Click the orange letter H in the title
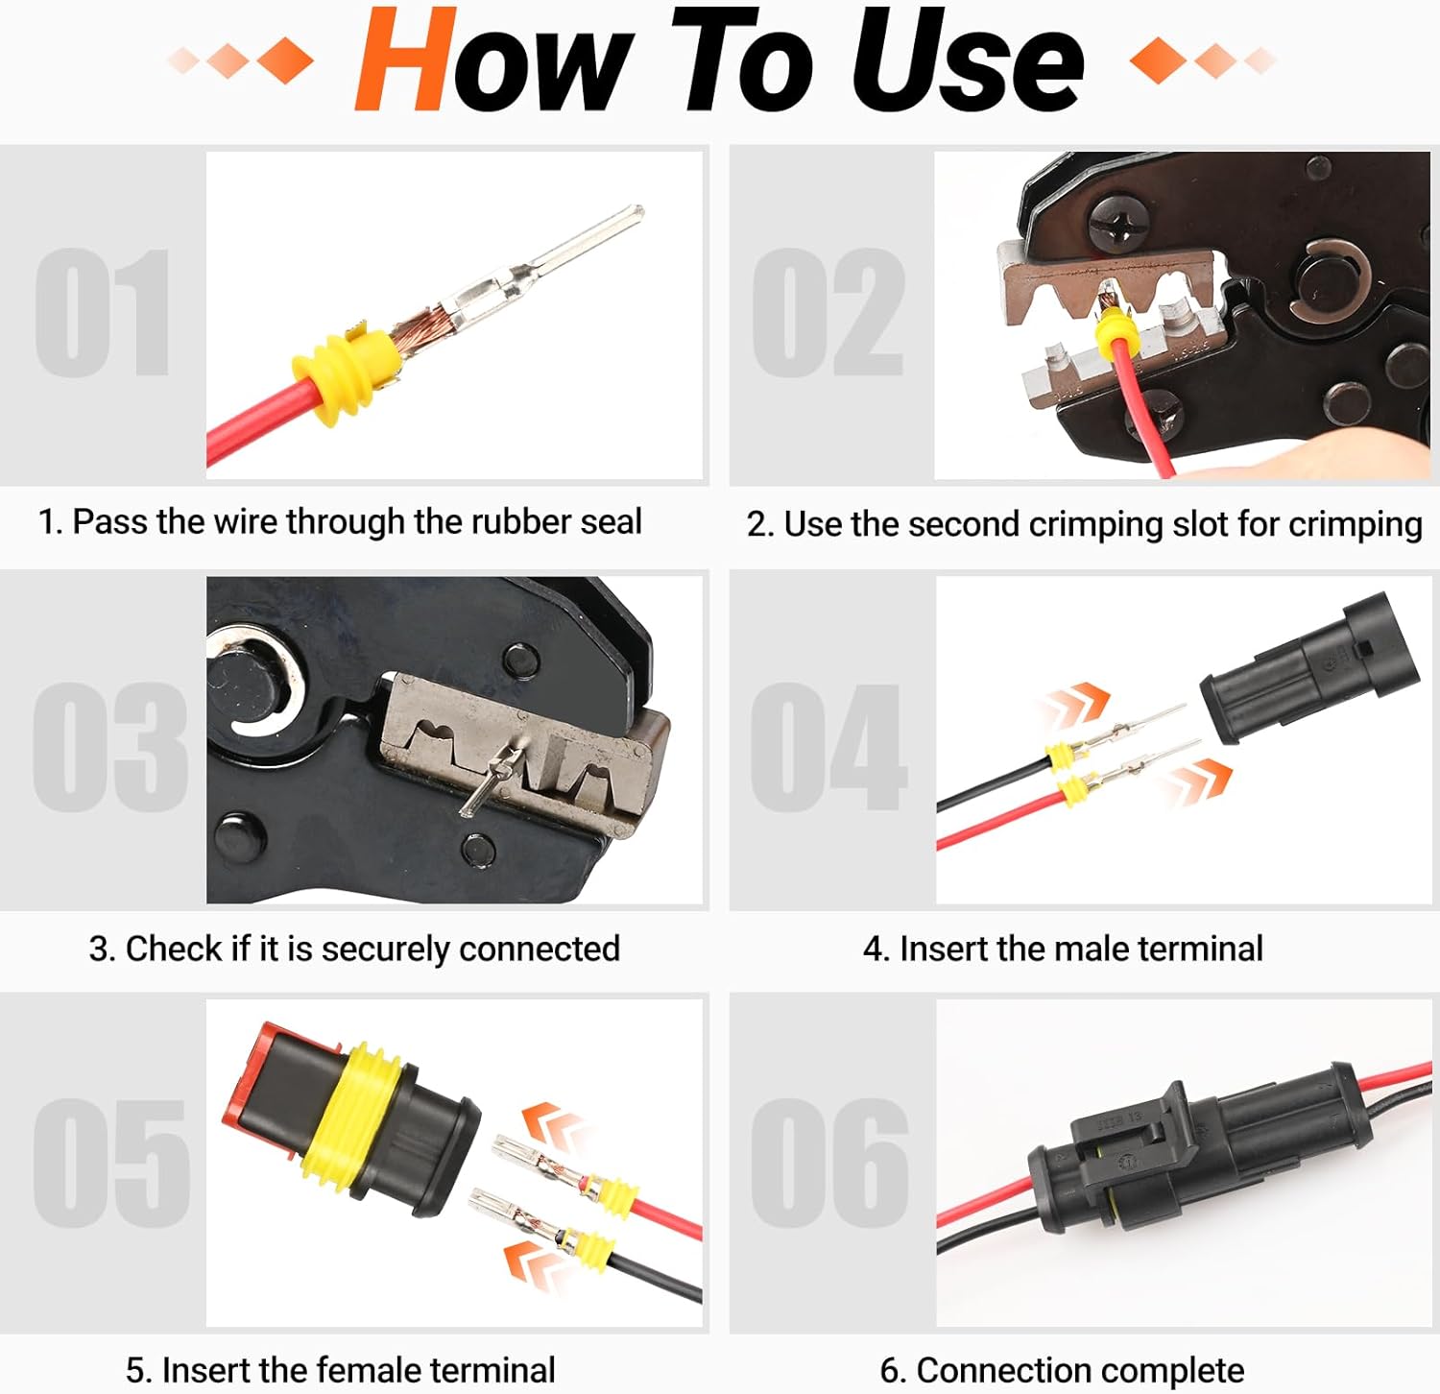405,60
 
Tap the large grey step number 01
103,313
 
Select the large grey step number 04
828,747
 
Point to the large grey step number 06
829,1164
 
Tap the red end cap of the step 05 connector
252,1073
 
